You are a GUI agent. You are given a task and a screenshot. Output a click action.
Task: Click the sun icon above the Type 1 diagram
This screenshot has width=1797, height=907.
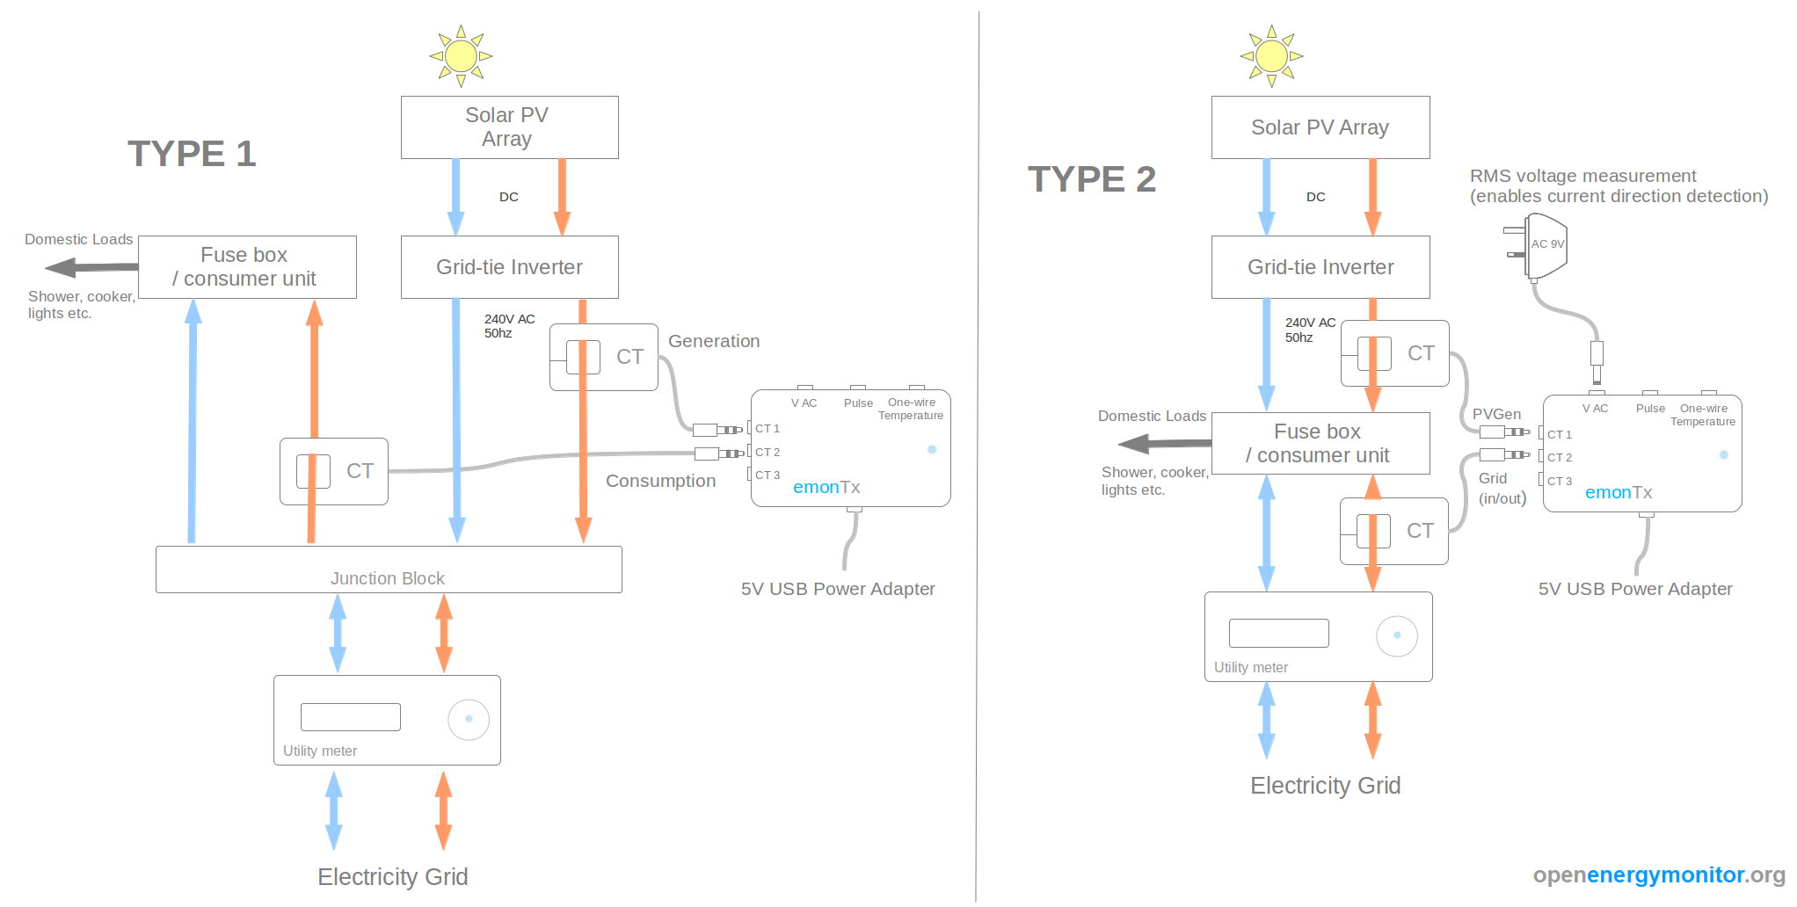[461, 56]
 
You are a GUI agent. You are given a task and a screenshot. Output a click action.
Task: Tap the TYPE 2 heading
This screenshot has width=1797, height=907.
[1092, 179]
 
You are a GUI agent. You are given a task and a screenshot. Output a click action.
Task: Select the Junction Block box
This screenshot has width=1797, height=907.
[389, 570]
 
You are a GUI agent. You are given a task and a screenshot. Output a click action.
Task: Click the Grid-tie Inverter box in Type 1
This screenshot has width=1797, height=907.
[510, 267]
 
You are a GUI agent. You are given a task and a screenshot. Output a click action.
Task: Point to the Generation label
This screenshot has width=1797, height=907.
[714, 341]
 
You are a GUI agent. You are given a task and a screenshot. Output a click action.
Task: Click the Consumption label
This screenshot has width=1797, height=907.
[660, 481]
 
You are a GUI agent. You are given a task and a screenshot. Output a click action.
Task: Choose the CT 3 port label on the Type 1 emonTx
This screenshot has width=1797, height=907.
[768, 475]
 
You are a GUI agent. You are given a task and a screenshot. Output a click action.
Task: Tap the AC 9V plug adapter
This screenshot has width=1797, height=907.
[1543, 245]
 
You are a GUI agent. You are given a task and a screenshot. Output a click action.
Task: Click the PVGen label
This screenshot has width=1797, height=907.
[1496, 414]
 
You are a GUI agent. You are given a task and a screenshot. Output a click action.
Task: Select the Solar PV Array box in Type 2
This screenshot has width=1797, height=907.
[1320, 127]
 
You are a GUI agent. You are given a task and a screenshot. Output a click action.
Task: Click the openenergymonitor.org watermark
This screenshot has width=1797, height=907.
[1658, 874]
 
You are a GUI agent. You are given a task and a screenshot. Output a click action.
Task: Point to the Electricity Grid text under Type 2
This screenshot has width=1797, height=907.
[1325, 786]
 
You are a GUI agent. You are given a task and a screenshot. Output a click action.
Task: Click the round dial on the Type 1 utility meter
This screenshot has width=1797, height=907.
[469, 719]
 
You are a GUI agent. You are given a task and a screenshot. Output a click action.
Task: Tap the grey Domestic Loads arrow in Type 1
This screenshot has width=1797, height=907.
[91, 266]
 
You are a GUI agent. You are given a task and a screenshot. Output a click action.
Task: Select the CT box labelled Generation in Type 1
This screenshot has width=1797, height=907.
[604, 357]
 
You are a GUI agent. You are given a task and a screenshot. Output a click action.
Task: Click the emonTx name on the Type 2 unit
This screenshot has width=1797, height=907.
[1619, 493]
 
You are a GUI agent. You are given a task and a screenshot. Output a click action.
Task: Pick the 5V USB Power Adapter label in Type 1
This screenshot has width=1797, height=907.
[838, 589]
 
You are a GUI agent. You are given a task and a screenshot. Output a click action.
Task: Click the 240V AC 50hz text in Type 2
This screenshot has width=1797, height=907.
[1309, 330]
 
